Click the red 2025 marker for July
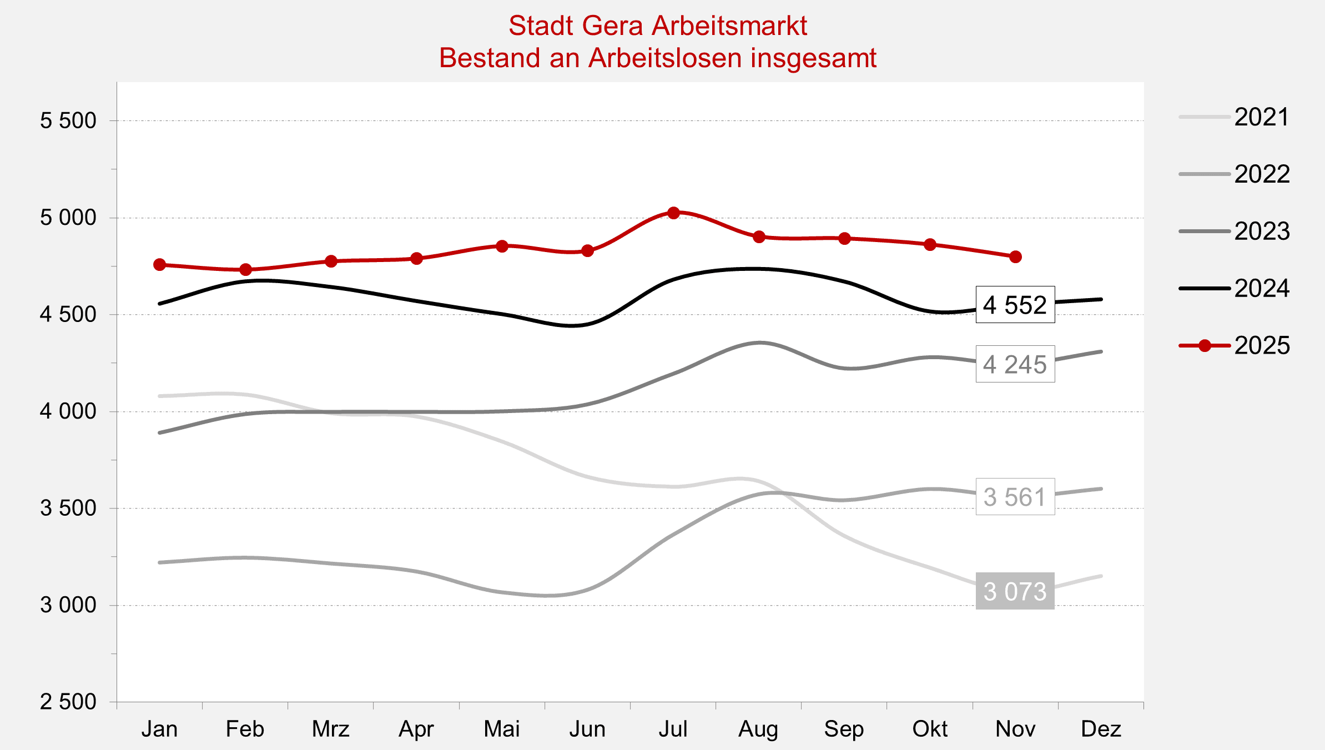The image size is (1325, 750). coord(673,213)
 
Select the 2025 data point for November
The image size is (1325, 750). coord(1015,257)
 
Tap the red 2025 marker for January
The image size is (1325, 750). coord(160,265)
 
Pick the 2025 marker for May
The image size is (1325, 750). coord(502,246)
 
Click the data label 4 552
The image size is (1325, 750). coord(1015,305)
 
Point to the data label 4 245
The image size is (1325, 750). coord(1015,364)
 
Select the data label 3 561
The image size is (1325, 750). coord(1015,497)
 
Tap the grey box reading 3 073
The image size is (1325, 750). coord(1015,591)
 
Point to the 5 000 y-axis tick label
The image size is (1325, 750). coord(68,218)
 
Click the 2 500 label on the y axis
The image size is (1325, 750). coord(68,702)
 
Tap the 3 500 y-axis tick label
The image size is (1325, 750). coord(68,508)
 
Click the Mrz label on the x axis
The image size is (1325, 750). coord(331,729)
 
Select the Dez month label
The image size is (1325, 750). coord(1101,729)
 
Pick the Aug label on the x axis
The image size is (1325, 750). coord(758,729)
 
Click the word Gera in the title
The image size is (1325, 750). coord(613,26)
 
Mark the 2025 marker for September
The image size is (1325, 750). coord(844,239)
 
